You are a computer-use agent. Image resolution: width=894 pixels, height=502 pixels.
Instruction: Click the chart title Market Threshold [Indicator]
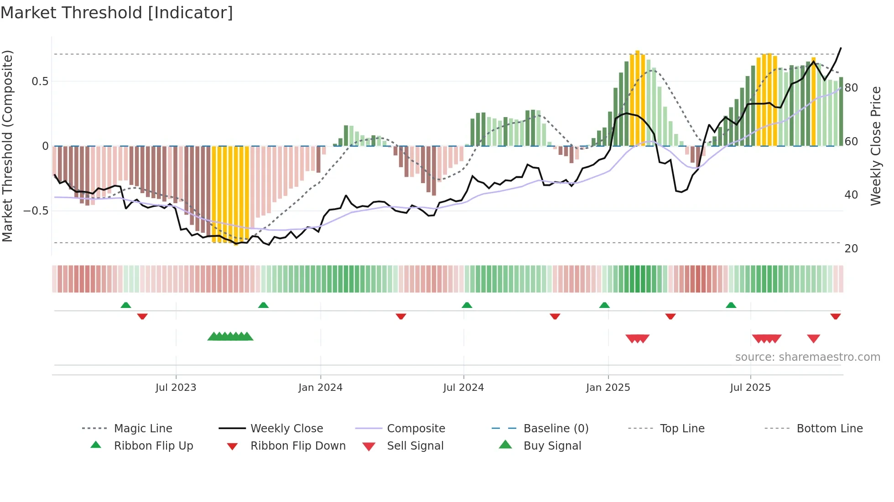click(x=117, y=13)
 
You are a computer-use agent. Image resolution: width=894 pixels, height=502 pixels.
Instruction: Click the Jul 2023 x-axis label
click(x=176, y=388)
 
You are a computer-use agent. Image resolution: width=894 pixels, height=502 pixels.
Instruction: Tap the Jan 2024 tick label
click(x=320, y=388)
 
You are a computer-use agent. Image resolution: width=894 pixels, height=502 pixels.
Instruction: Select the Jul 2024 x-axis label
click(x=463, y=388)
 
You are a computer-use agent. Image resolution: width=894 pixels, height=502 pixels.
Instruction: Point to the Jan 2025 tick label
click(x=608, y=388)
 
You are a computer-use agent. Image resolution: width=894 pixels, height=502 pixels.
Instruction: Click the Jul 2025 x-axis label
click(x=750, y=388)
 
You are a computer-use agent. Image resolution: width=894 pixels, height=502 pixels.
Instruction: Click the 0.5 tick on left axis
click(x=40, y=82)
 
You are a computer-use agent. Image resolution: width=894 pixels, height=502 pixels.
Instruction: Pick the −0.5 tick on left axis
click(x=36, y=211)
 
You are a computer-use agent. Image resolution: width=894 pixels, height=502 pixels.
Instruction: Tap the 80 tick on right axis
click(x=851, y=88)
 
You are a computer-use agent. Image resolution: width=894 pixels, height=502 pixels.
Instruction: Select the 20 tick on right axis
click(x=851, y=249)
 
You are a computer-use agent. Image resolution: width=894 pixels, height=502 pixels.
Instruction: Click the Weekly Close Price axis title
click(x=876, y=146)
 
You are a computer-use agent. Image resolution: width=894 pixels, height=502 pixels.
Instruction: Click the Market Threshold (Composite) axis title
click(x=7, y=146)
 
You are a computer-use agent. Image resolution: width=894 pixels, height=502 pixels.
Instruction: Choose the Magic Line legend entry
click(x=143, y=429)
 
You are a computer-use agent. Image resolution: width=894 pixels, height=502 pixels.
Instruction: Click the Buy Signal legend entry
click(x=552, y=446)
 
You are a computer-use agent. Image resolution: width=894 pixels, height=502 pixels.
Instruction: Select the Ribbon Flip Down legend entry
click(x=297, y=446)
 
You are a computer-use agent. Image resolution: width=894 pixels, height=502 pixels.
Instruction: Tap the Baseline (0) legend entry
click(x=556, y=429)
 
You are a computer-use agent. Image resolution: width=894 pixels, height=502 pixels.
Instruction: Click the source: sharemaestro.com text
click(x=807, y=357)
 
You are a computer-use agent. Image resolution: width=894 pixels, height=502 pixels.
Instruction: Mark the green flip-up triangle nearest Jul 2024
click(x=467, y=305)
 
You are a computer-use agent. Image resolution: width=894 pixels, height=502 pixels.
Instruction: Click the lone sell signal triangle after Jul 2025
click(x=813, y=338)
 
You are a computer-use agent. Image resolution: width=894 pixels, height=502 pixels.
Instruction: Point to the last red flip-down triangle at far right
click(x=835, y=316)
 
